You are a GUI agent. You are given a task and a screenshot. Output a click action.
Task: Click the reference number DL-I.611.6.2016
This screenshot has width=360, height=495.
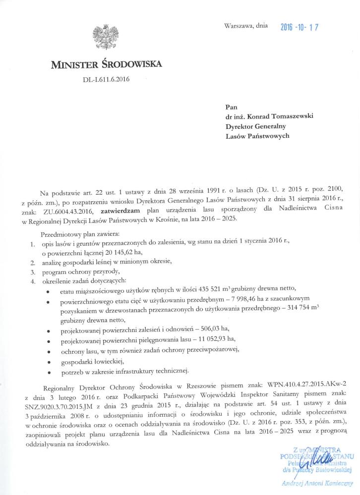click(x=105, y=79)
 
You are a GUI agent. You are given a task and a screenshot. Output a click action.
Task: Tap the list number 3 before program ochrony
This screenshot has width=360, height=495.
click(x=32, y=272)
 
